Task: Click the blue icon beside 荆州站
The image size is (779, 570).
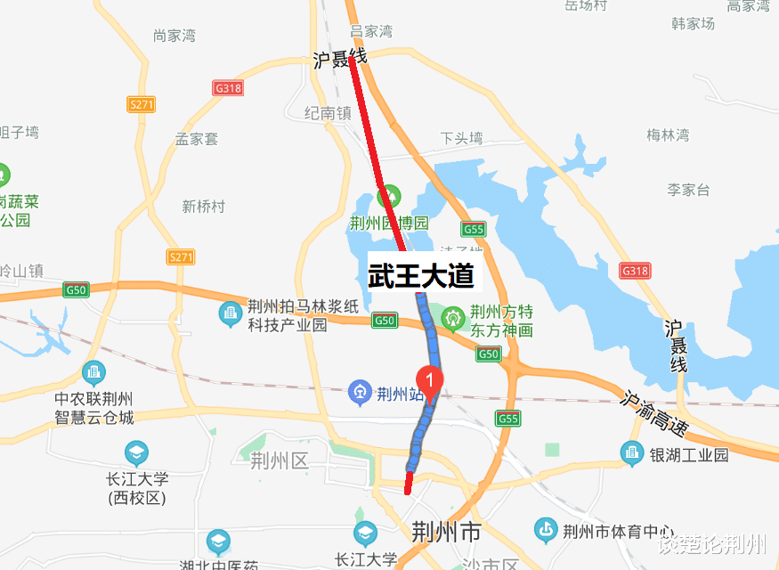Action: tap(359, 391)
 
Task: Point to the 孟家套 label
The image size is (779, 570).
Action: tap(197, 139)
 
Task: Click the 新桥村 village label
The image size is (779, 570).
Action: tap(204, 207)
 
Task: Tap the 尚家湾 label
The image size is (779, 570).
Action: tap(174, 36)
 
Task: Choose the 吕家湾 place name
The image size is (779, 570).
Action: tap(371, 31)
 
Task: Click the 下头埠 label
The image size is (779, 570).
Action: tap(461, 138)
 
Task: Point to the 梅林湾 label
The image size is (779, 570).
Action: tap(668, 135)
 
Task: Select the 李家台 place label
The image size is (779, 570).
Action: tap(688, 190)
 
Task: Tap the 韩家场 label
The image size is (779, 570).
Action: tap(694, 24)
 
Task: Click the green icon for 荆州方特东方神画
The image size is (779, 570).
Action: tap(455, 316)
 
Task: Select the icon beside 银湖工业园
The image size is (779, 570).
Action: tap(634, 454)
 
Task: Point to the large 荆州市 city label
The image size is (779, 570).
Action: tap(446, 533)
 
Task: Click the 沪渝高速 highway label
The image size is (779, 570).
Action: tap(655, 414)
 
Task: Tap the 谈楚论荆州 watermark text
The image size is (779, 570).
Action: tap(712, 544)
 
